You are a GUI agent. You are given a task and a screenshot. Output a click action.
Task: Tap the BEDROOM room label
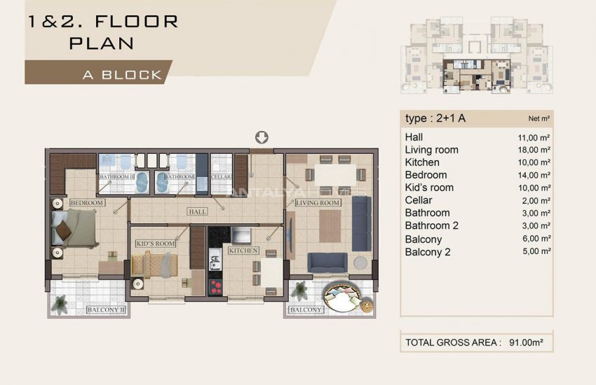click(87, 203)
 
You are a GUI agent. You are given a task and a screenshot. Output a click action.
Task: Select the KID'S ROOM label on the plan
click(155, 243)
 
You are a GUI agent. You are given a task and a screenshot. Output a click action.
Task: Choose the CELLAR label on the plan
click(222, 177)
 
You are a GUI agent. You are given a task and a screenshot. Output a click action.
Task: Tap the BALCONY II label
click(105, 309)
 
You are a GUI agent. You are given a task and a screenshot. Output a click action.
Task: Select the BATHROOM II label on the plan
click(116, 177)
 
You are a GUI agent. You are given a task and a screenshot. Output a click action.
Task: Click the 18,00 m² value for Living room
click(534, 150)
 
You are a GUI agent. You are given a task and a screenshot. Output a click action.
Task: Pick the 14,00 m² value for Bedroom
click(534, 175)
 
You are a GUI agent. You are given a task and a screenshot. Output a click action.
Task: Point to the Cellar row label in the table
click(419, 200)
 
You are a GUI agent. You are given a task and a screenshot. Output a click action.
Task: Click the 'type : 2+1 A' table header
click(435, 118)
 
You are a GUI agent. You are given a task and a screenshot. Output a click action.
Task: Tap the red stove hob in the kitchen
click(216, 287)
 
